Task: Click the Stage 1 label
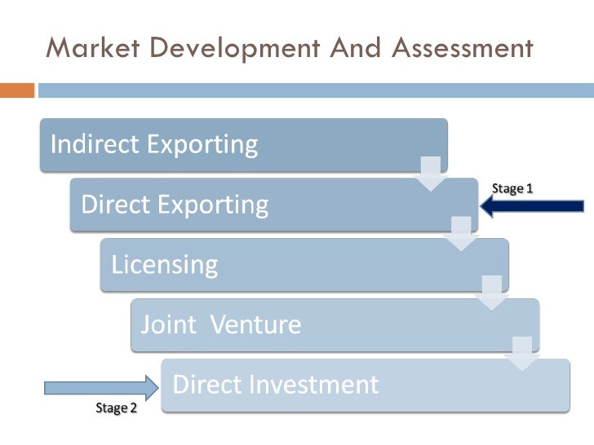click(512, 188)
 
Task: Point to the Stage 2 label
click(117, 408)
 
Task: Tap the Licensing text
click(165, 265)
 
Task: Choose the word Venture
click(255, 325)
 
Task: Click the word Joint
click(169, 325)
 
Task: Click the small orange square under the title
click(17, 90)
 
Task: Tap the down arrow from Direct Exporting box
click(461, 234)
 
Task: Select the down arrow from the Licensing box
click(491, 293)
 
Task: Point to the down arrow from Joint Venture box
click(521, 354)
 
